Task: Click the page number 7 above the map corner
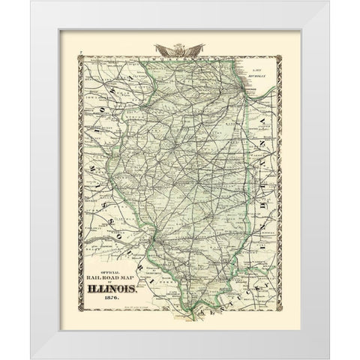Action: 79,54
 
